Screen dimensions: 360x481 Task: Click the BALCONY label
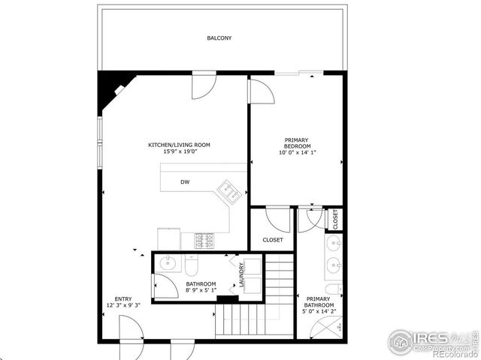pyautogui.click(x=219, y=38)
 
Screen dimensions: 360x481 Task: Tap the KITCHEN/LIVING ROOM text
pyautogui.click(x=179, y=145)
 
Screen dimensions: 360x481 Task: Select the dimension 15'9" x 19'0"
pyautogui.click(x=179, y=151)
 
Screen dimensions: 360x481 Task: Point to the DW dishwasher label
pyautogui.click(x=184, y=182)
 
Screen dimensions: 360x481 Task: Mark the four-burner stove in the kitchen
pyautogui.click(x=204, y=241)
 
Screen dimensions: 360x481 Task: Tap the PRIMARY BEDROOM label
pyautogui.click(x=297, y=143)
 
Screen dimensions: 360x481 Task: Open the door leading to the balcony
pyautogui.click(x=204, y=85)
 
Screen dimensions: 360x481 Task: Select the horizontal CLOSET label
pyautogui.click(x=272, y=240)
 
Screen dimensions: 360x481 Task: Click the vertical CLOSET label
pyautogui.click(x=336, y=218)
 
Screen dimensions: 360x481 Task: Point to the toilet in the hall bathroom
pyautogui.click(x=192, y=266)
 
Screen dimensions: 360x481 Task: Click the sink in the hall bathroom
pyautogui.click(x=168, y=263)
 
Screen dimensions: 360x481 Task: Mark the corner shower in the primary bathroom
pyautogui.click(x=331, y=326)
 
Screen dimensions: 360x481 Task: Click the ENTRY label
pyautogui.click(x=123, y=298)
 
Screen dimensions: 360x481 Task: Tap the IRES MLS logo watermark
pyautogui.click(x=432, y=342)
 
